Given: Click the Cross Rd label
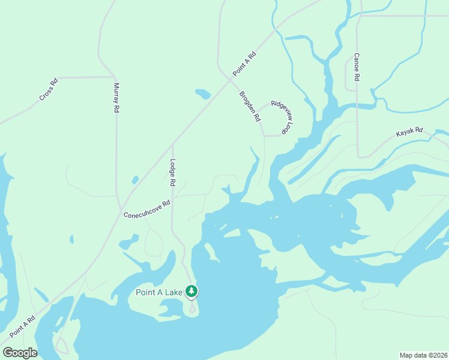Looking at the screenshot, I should click(x=48, y=89).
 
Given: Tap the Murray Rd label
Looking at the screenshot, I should click(x=116, y=98).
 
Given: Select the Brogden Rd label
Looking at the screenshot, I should click(x=250, y=106).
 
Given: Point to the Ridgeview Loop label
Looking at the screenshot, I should click(x=281, y=116).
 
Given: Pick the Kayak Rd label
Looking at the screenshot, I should click(x=410, y=132).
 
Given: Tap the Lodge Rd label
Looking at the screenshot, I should click(x=173, y=172).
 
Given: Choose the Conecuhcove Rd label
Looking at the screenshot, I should click(x=147, y=209).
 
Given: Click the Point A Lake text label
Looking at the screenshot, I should click(x=158, y=292).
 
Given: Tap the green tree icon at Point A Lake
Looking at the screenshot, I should click(x=191, y=292).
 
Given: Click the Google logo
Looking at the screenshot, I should click(x=20, y=353).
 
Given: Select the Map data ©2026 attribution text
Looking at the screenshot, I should click(x=423, y=355).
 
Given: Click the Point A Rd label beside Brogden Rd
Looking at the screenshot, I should click(x=244, y=63).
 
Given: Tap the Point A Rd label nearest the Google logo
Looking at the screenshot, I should click(x=22, y=327).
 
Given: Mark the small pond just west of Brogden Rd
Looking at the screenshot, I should click(x=203, y=94).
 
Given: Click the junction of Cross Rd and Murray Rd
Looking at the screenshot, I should click(x=115, y=77).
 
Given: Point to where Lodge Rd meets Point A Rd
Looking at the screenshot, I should click(x=173, y=144).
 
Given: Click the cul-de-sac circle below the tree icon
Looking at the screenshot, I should click(x=192, y=310).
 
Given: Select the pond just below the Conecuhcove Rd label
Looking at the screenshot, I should click(x=128, y=243).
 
